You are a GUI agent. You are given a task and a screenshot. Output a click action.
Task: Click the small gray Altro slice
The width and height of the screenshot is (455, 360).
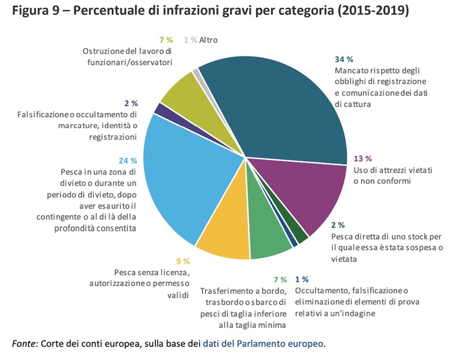tap(197, 72)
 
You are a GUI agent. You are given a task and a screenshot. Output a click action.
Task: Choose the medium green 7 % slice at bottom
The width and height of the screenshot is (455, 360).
tap(270, 240)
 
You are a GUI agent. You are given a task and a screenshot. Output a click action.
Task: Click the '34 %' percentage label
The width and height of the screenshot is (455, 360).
tap(344, 59)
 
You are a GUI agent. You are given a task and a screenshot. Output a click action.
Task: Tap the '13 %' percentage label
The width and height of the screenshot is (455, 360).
tap(363, 158)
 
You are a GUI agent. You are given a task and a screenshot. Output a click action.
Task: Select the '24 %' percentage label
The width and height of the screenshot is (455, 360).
tap(128, 160)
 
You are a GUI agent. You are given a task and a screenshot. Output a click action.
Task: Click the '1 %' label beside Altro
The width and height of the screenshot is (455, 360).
tap(190, 40)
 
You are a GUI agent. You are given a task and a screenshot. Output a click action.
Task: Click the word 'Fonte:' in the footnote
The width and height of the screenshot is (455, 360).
tap(25, 343)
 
